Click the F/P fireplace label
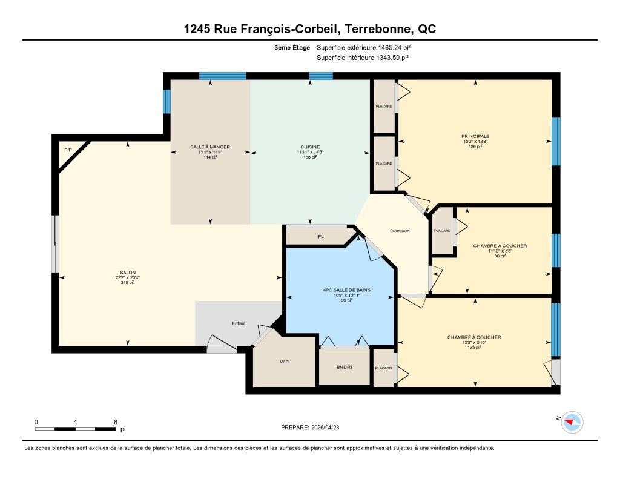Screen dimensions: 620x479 click(68, 150)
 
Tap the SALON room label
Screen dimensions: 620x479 click(128, 273)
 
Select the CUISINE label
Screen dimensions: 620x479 click(310, 147)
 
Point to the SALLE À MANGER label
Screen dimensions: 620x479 click(210, 147)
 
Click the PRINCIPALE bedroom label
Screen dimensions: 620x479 click(475, 136)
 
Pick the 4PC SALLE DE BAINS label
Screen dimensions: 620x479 click(346, 290)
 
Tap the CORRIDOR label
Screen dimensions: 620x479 click(400, 231)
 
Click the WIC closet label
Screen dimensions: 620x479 click(285, 362)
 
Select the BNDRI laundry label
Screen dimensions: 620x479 click(345, 367)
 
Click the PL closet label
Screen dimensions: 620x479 click(321, 237)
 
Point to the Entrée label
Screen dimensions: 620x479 click(239, 323)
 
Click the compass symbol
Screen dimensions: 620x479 click(572, 422)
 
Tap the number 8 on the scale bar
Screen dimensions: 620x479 click(116, 422)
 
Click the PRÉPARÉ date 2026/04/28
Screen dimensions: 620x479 click(325, 427)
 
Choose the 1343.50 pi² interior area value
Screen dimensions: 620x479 click(392, 58)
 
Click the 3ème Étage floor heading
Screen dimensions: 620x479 click(292, 47)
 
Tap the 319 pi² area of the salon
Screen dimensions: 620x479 click(128, 282)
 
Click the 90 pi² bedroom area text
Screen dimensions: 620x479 click(500, 256)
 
